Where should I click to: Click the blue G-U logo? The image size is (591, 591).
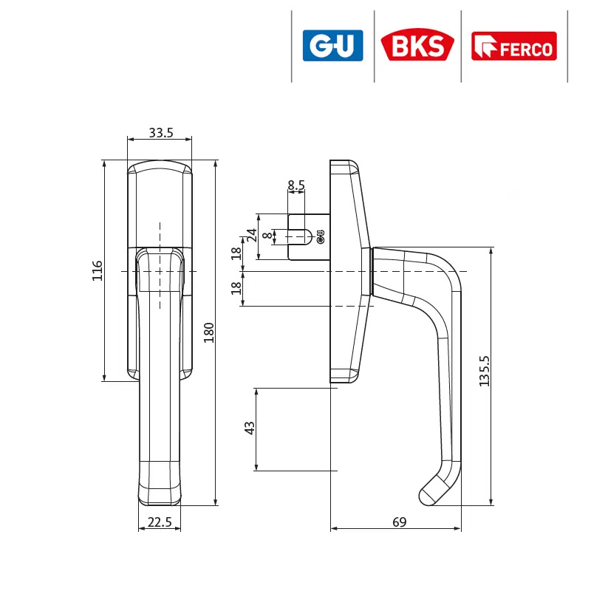pyautogui.click(x=333, y=46)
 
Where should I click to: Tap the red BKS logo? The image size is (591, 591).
pyautogui.click(x=417, y=44)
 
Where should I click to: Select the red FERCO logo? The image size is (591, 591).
pyautogui.click(x=514, y=46)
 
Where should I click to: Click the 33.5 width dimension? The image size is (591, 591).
pyautogui.click(x=161, y=133)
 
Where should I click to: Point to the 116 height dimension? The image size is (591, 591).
pyautogui.click(x=98, y=270)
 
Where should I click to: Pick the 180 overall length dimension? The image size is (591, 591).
pyautogui.click(x=208, y=332)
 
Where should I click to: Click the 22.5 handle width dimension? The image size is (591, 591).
pyautogui.click(x=160, y=522)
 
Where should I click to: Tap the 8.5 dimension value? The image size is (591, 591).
pyautogui.click(x=296, y=185)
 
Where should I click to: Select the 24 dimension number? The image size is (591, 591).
pyautogui.click(x=252, y=235)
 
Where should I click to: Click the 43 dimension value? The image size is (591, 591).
pyautogui.click(x=250, y=428)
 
